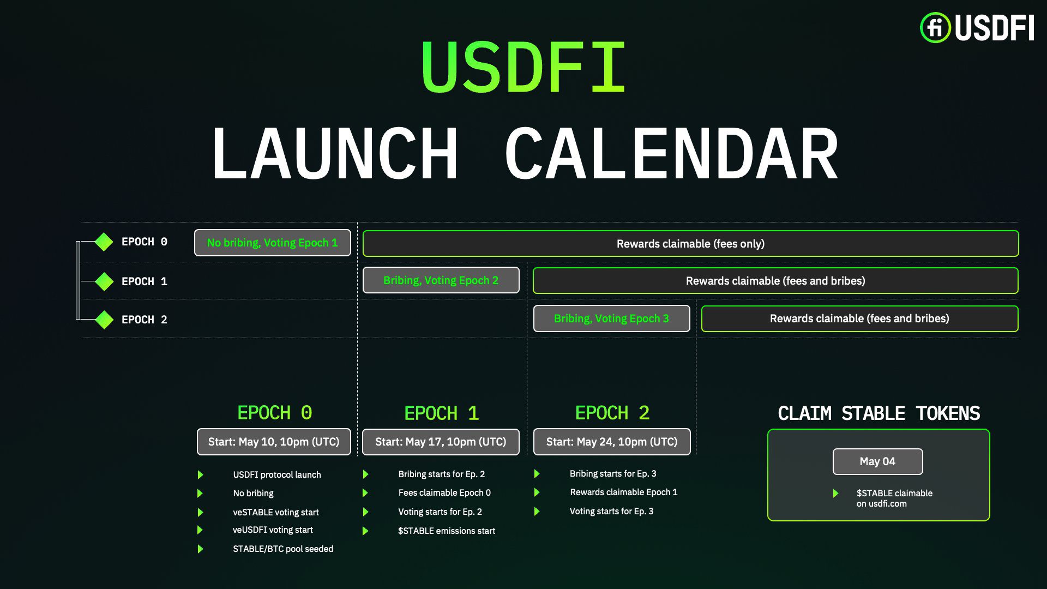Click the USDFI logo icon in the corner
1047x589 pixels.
(935, 27)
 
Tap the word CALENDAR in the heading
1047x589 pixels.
(671, 153)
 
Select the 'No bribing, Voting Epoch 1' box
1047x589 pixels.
(273, 243)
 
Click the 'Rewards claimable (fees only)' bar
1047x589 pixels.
(690, 244)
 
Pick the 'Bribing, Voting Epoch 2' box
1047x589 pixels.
(441, 280)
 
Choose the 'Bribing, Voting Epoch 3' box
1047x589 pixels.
(611, 318)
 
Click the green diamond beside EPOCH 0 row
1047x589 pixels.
(104, 242)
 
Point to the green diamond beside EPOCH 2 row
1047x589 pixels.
(104, 320)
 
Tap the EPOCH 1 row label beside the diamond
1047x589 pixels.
(145, 281)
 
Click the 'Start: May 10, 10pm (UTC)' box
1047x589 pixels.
(274, 442)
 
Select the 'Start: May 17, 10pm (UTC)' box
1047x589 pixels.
(441, 442)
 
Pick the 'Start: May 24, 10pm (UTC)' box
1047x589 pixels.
(612, 442)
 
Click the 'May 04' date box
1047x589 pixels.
(878, 461)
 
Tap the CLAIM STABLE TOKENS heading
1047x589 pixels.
(879, 413)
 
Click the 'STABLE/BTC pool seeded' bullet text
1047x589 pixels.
(283, 549)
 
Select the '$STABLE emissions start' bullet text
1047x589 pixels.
(447, 531)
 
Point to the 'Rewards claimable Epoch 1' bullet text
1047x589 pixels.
(624, 492)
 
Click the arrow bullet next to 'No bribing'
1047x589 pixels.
(200, 494)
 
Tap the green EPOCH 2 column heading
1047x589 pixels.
(612, 413)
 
